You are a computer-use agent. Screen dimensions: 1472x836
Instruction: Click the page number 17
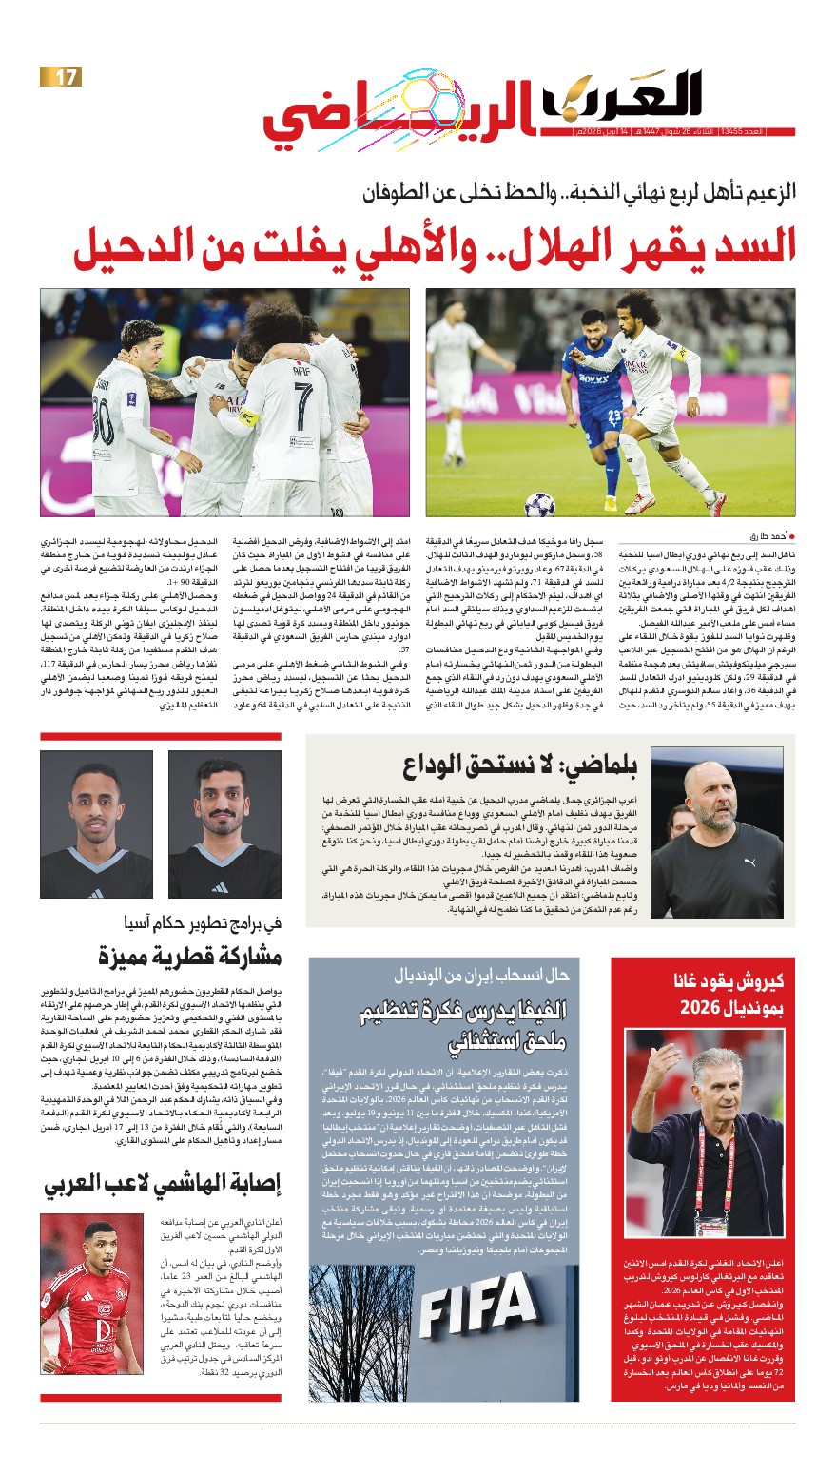tap(62, 77)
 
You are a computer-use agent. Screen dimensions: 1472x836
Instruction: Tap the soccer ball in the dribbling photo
tap(539, 503)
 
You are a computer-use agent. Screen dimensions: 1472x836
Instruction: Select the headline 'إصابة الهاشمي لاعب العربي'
tap(163, 1183)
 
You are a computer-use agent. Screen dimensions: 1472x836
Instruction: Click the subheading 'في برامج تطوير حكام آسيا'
tap(202, 921)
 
